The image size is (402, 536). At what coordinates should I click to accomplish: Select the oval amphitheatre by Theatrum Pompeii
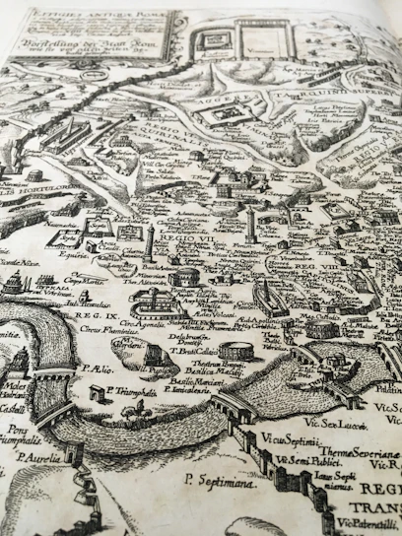point(235,350)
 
